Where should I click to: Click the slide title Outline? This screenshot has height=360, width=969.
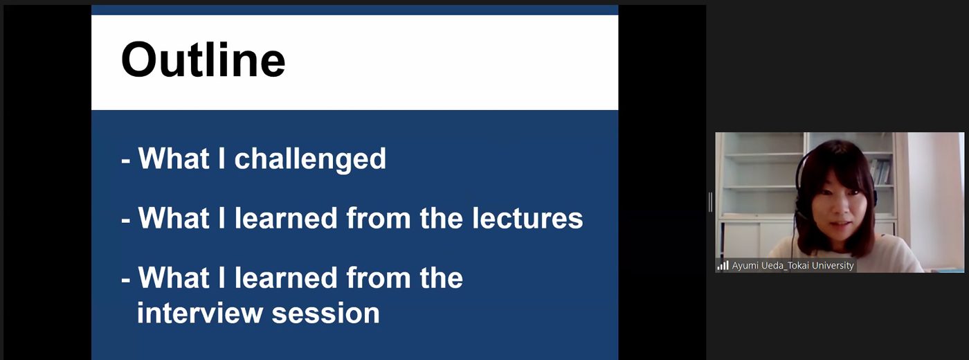(x=203, y=60)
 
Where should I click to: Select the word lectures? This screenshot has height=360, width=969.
(x=527, y=218)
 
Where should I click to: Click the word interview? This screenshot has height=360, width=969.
(x=199, y=313)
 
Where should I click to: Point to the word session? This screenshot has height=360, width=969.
(x=326, y=314)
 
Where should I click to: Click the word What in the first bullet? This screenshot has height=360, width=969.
(x=174, y=159)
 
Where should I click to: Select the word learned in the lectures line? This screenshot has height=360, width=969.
(x=285, y=218)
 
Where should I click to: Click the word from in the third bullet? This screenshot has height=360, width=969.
(x=378, y=278)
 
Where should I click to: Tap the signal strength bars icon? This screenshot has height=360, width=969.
(x=723, y=265)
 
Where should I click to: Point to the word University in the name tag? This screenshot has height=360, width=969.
(x=833, y=265)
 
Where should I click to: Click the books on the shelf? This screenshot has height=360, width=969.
(x=880, y=172)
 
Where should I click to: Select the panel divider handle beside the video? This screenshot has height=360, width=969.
(x=710, y=202)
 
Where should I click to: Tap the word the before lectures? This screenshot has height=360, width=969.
(x=442, y=218)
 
